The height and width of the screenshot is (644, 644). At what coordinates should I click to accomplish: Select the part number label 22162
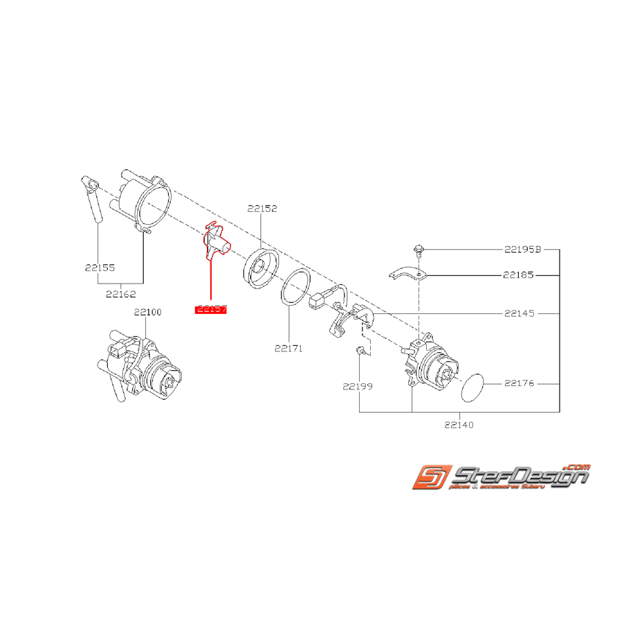[x=120, y=294]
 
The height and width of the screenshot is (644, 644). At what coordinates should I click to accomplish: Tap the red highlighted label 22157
[x=211, y=309]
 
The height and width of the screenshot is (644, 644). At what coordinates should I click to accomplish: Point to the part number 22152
[x=261, y=208]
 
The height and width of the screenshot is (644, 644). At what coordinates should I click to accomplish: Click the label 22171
[x=288, y=349]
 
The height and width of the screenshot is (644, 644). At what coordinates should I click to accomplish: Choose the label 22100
[x=147, y=313]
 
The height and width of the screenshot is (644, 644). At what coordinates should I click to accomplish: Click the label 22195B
[x=523, y=248]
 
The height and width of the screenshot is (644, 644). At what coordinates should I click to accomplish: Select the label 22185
[x=519, y=275]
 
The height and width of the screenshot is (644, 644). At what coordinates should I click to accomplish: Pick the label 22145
[x=519, y=313]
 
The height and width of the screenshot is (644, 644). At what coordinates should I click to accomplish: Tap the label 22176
[x=519, y=383]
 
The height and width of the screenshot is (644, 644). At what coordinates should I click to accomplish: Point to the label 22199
[x=357, y=387]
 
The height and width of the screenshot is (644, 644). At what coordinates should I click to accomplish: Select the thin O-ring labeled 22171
[x=295, y=287]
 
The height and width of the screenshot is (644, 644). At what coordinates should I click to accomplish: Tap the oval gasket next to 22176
[x=473, y=388]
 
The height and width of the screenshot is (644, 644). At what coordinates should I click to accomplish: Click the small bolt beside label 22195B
[x=419, y=250]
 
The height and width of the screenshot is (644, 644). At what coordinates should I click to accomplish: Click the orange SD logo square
[x=430, y=477]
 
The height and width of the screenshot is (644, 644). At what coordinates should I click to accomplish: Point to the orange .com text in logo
[x=576, y=466]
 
